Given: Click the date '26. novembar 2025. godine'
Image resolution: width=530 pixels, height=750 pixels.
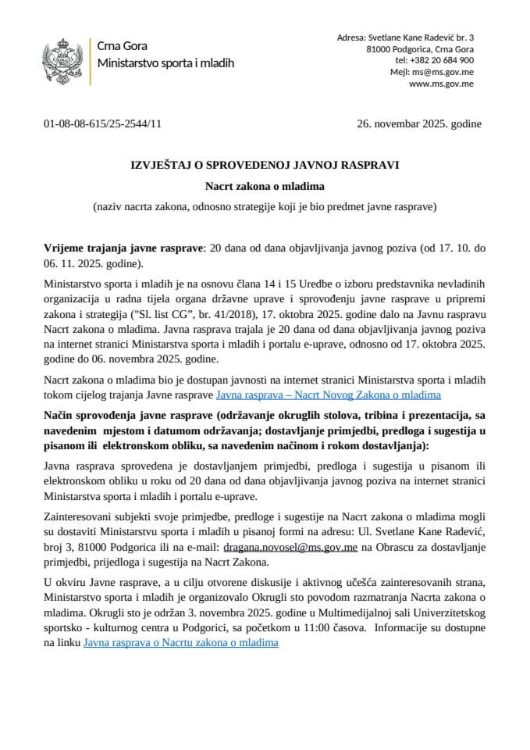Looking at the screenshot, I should tap(418, 123).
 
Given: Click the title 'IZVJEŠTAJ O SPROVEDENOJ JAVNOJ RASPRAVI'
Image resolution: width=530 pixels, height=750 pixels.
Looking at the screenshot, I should tap(264, 166).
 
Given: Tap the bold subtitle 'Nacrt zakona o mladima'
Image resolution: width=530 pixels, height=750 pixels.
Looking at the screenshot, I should tap(264, 187).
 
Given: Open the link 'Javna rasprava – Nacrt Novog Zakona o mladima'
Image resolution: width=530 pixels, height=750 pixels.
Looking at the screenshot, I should tap(329, 395).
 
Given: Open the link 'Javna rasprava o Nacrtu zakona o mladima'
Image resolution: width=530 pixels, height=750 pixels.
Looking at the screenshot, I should tap(181, 643).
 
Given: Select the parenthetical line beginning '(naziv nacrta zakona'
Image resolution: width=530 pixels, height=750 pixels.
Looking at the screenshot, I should tap(264, 207).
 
